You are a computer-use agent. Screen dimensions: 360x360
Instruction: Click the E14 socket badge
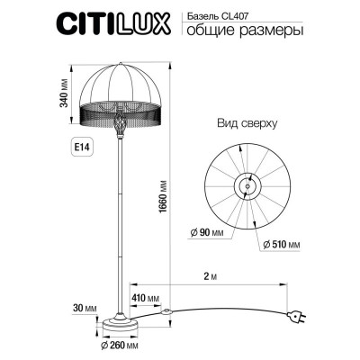click(x=76, y=145)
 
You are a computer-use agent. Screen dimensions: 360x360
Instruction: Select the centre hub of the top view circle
click(x=245, y=186)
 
